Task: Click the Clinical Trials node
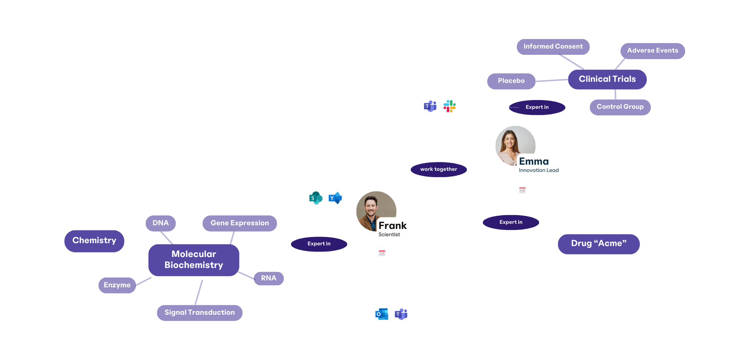pos(607,79)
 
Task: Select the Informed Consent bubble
pos(553,47)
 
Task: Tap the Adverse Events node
pos(652,51)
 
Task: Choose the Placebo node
pos(511,81)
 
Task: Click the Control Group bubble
pos(620,107)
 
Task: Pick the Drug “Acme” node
pos(598,244)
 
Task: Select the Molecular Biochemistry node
pos(194,260)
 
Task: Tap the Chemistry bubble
pos(94,241)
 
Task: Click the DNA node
pos(160,223)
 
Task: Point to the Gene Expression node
pos(240,223)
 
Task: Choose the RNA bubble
pos(268,278)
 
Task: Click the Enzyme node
pos(117,285)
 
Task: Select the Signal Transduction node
pos(199,313)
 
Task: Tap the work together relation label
pos(438,169)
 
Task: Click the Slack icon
pos(449,106)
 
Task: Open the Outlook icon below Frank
pos(381,314)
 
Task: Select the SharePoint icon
pos(316,198)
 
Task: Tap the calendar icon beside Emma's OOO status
pos(522,191)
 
